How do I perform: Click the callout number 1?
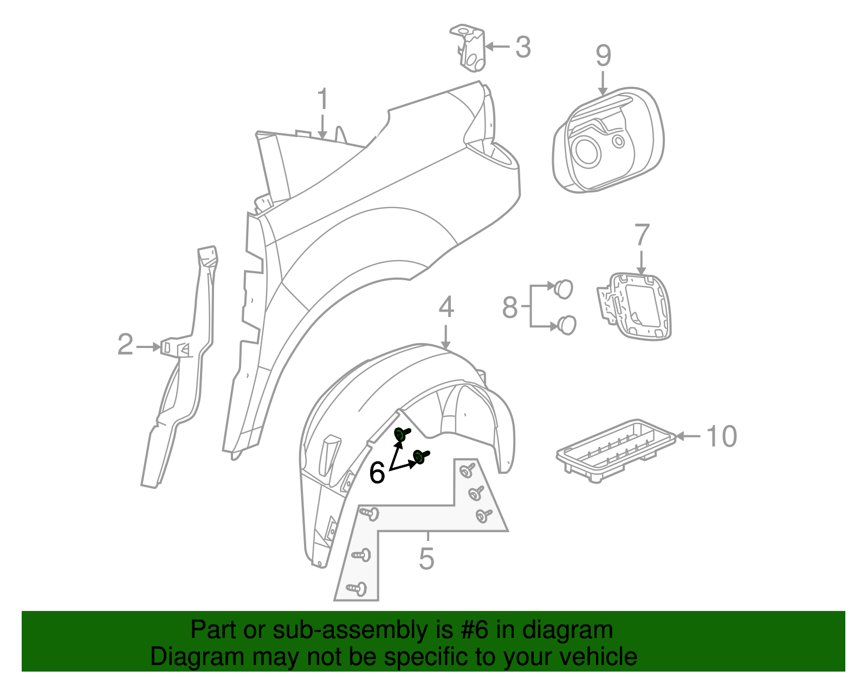click(322, 100)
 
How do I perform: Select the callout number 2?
click(125, 345)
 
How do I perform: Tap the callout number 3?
click(522, 47)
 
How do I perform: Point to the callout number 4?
click(445, 307)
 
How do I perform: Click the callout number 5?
click(426, 558)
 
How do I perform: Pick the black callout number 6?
click(377, 473)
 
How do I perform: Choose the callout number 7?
click(642, 235)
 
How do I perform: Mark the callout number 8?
click(510, 307)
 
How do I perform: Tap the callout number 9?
click(603, 56)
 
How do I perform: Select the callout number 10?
click(722, 436)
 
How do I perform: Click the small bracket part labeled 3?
click(470, 48)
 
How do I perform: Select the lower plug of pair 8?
click(567, 325)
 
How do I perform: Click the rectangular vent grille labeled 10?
click(615, 450)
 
